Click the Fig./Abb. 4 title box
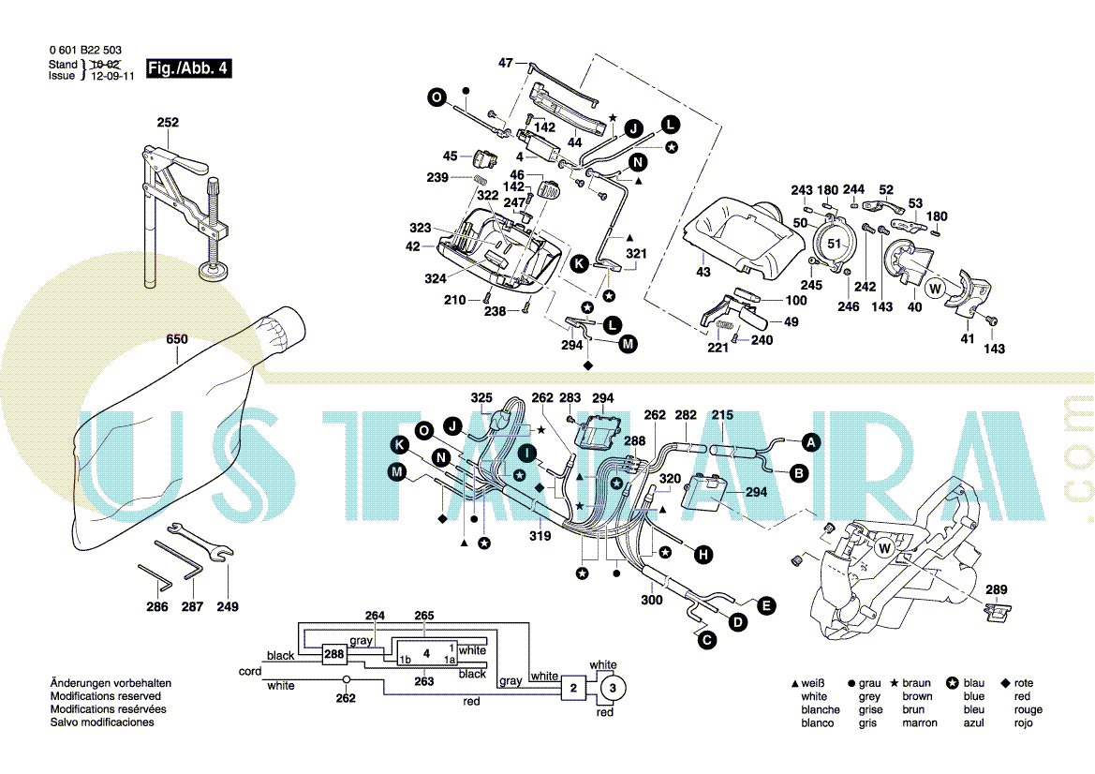[188, 69]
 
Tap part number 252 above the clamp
[168, 123]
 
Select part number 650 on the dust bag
[177, 339]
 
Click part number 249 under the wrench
[228, 606]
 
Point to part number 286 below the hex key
[157, 607]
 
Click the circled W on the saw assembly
[884, 546]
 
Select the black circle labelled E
[766, 606]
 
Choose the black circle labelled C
[704, 641]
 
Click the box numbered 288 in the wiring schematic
[333, 654]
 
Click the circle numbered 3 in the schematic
[613, 689]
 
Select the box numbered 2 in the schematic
[572, 689]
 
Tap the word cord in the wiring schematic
[250, 672]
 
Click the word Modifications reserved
[105, 696]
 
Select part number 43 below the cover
[703, 272]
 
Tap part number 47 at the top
[506, 63]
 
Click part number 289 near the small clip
[997, 589]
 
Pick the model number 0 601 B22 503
[84, 51]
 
